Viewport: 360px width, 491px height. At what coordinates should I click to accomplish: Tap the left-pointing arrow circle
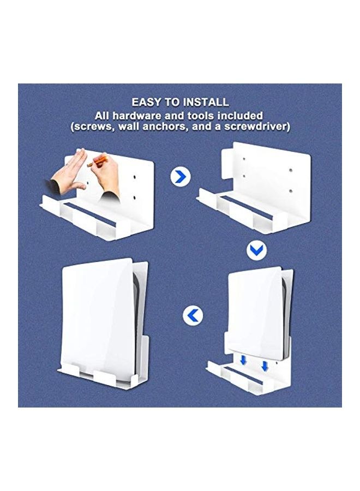pos(193,315)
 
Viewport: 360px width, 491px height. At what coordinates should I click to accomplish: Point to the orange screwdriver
pos(98,161)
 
